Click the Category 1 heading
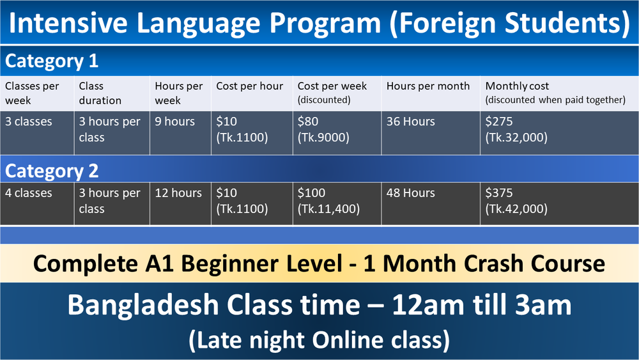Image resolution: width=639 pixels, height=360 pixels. [52, 61]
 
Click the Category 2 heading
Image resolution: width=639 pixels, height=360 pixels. [52, 171]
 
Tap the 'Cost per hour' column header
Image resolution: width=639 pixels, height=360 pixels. [249, 86]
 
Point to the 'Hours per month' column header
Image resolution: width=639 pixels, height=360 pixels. [427, 86]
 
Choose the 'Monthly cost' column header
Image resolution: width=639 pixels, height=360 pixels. [517, 86]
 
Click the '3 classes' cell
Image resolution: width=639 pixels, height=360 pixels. [29, 121]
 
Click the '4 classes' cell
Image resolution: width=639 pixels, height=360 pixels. [29, 193]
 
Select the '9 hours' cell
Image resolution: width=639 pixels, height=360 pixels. [174, 121]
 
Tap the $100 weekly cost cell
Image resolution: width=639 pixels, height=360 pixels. [312, 193]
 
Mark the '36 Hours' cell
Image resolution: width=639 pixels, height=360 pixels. [410, 121]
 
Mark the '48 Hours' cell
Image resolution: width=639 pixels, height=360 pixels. [410, 193]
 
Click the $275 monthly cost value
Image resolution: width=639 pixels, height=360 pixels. [499, 121]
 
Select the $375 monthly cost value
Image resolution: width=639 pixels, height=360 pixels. [499, 193]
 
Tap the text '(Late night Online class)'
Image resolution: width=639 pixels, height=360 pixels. [319, 340]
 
